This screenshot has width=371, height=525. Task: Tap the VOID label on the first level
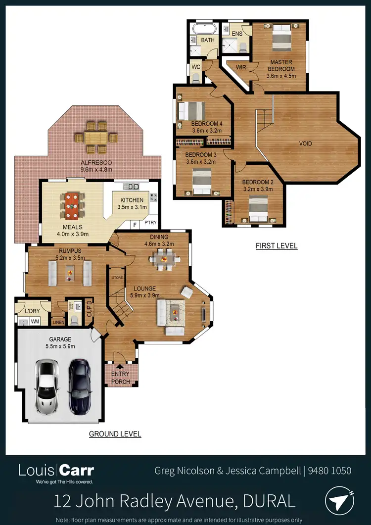(x=306, y=143)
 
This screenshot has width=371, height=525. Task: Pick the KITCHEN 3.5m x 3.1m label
(x=132, y=204)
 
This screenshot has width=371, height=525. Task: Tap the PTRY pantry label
(x=150, y=224)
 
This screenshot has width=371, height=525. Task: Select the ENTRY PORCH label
(x=121, y=378)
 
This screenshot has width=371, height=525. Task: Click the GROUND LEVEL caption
(x=115, y=434)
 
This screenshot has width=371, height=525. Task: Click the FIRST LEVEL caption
(x=277, y=245)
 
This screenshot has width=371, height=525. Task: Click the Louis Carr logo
(x=56, y=471)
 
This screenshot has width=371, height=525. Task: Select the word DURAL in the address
(x=270, y=501)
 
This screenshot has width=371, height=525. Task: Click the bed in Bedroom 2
(x=258, y=208)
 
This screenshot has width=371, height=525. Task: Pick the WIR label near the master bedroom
(x=241, y=68)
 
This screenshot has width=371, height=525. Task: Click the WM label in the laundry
(x=35, y=322)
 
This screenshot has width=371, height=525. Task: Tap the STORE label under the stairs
(x=117, y=278)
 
